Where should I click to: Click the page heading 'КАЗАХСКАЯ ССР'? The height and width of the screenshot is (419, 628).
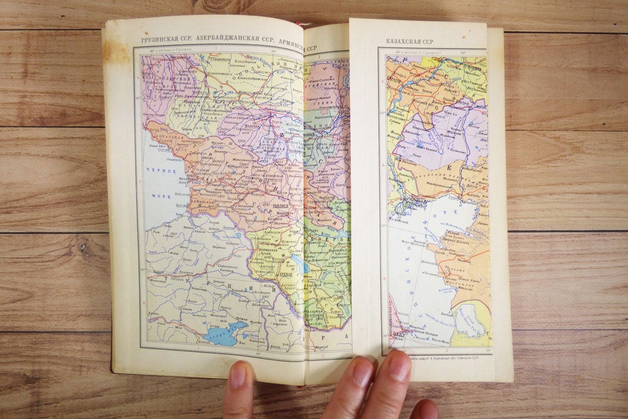click(410, 42)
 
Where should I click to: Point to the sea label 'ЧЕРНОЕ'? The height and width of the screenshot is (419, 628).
click(161, 171)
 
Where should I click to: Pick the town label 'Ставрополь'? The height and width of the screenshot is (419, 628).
click(222, 59)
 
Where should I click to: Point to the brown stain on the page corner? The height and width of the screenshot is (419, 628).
click(117, 53)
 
